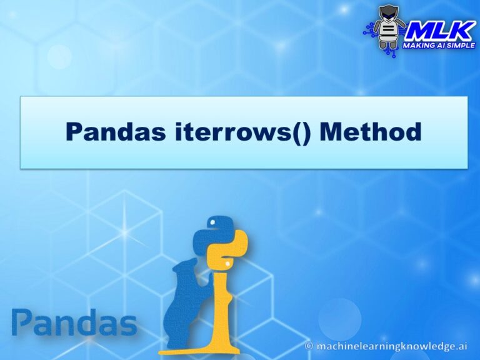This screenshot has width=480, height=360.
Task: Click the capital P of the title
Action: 75,132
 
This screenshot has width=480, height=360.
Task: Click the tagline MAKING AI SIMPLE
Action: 439,46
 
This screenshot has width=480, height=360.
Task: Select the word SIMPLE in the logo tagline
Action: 461,46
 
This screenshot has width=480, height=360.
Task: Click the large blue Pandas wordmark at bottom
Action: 74,324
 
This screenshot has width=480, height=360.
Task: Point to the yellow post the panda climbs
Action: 219,300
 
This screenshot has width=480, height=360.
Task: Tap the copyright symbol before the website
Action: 308,346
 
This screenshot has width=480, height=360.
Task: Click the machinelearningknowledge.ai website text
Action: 392,346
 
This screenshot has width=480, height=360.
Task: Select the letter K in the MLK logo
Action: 459,29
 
